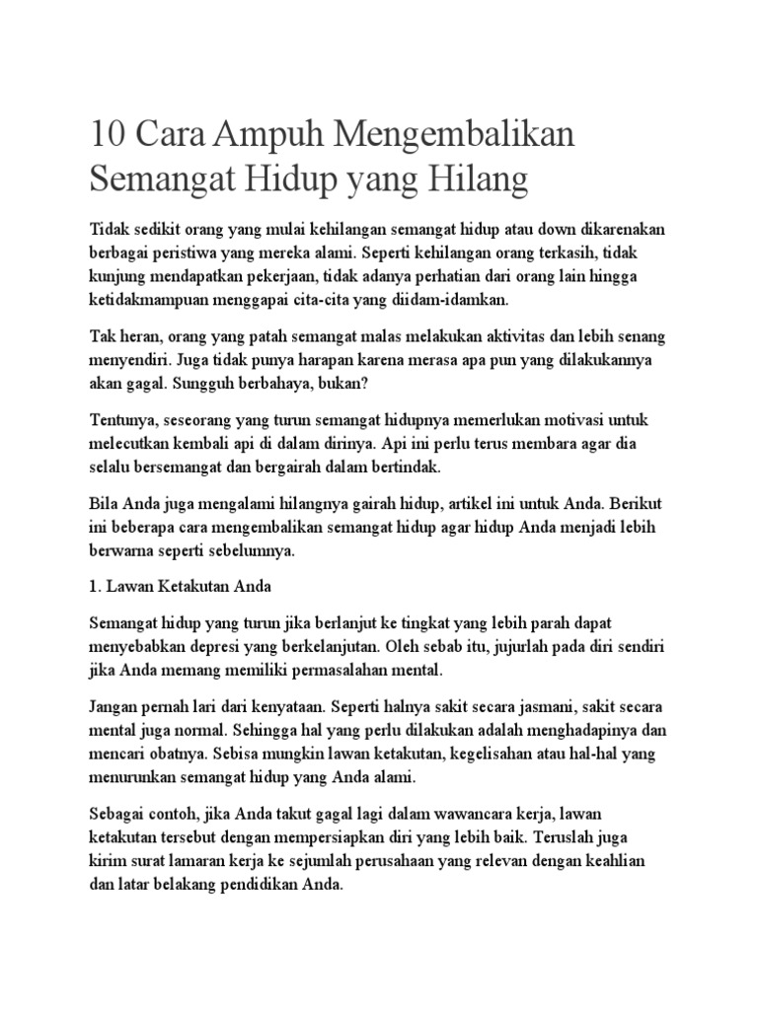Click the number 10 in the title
tap(109, 132)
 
